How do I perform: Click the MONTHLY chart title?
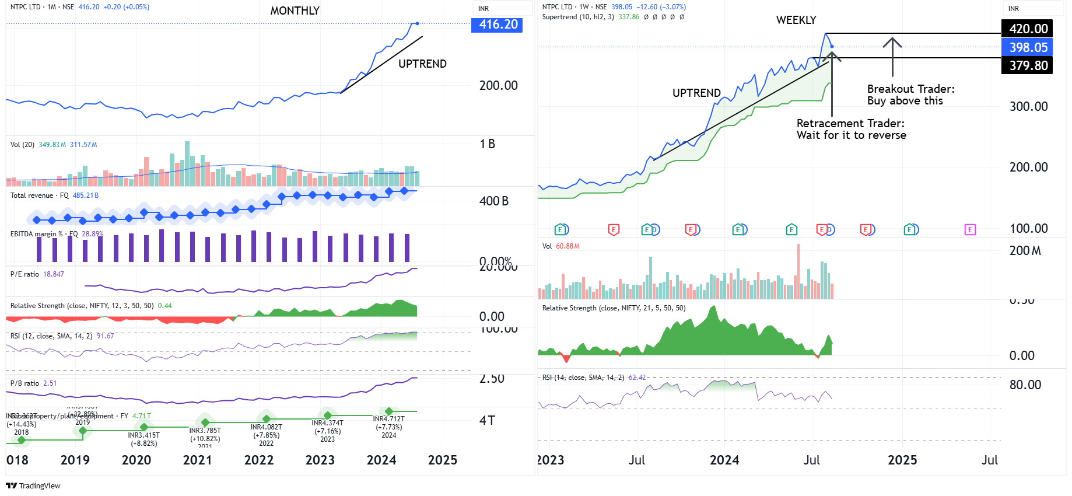[295, 11]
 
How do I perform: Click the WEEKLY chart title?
[796, 20]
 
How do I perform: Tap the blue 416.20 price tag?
[497, 25]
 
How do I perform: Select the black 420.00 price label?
[1028, 29]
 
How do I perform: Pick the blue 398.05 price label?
[1028, 47]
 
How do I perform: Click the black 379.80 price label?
[1028, 65]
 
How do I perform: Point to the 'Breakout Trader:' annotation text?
[910, 89]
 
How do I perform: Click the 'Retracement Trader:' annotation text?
[850, 124]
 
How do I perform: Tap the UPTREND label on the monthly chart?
[422, 64]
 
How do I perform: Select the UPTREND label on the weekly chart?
[696, 93]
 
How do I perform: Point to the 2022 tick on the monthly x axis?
[259, 460]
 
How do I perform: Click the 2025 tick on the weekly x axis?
[902, 460]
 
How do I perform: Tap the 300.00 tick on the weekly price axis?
[1028, 107]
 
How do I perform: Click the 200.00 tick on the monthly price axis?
[498, 86]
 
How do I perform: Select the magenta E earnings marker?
[970, 230]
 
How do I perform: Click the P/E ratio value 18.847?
[54, 274]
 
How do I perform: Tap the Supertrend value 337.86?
[629, 17]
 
